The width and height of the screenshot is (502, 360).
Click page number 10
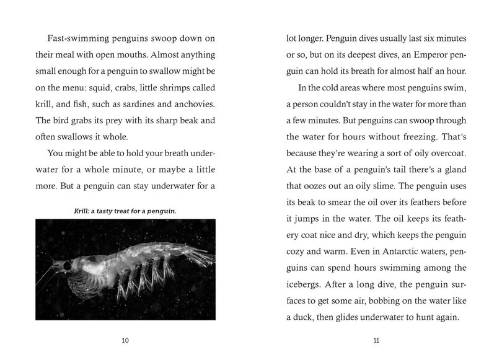tap(126, 340)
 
